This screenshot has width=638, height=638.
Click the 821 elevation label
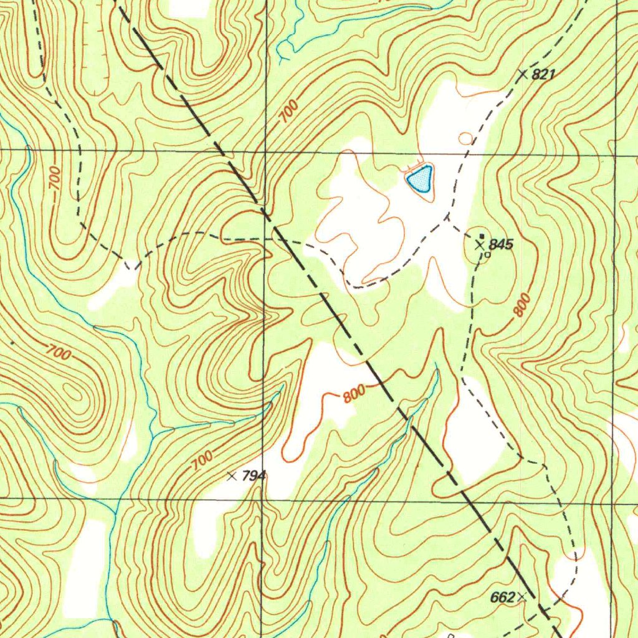tap(544, 75)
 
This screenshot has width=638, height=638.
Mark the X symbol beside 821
tap(523, 74)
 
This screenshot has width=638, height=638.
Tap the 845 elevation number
tap(501, 244)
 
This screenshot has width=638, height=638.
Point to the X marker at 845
tap(480, 245)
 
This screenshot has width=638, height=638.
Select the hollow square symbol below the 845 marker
tap(487, 254)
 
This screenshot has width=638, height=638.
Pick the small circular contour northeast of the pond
tap(465, 138)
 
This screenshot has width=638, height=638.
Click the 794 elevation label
tap(254, 476)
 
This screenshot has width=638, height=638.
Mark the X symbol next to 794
tap(232, 476)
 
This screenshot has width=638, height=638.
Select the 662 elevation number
tap(502, 598)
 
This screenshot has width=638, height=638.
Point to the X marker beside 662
tap(521, 597)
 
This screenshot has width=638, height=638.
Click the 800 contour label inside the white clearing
tap(354, 395)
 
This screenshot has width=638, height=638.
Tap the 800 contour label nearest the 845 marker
tap(522, 305)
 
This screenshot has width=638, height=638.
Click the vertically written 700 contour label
tap(55, 179)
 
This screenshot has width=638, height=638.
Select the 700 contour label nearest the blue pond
tap(288, 111)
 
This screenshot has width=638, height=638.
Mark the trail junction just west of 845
tap(447, 217)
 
